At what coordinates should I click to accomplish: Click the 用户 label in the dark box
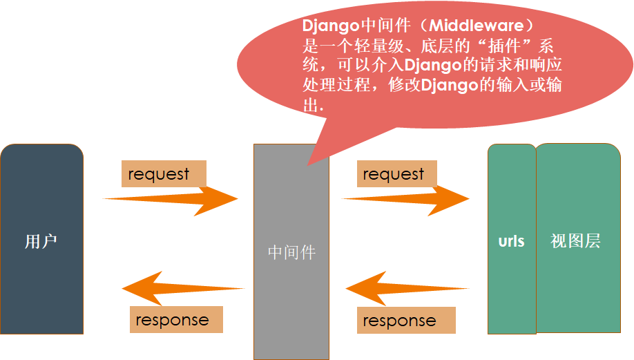(x=41, y=241)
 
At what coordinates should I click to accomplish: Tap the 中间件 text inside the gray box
(x=291, y=252)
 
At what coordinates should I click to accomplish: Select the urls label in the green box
(x=512, y=241)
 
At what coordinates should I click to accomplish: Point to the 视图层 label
(x=575, y=240)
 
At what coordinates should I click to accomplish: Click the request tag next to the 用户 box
(x=164, y=174)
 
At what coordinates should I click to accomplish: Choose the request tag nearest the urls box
(x=396, y=174)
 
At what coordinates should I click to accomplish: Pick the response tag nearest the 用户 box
(x=176, y=319)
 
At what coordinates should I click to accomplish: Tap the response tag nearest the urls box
(x=406, y=321)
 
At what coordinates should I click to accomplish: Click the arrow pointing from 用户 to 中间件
(x=170, y=199)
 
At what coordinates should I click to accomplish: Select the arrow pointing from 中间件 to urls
(x=405, y=199)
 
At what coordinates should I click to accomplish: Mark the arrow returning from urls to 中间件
(x=407, y=288)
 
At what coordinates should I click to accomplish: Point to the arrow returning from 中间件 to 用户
(x=183, y=288)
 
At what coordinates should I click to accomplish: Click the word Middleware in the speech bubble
(x=477, y=26)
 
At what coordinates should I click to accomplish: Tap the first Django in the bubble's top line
(x=331, y=26)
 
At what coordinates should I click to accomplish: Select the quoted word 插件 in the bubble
(x=504, y=46)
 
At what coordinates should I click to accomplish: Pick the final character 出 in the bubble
(x=311, y=105)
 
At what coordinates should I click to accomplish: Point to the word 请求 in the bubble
(x=496, y=65)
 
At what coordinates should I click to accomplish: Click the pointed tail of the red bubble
(x=308, y=165)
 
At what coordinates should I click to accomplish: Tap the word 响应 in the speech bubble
(x=546, y=65)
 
